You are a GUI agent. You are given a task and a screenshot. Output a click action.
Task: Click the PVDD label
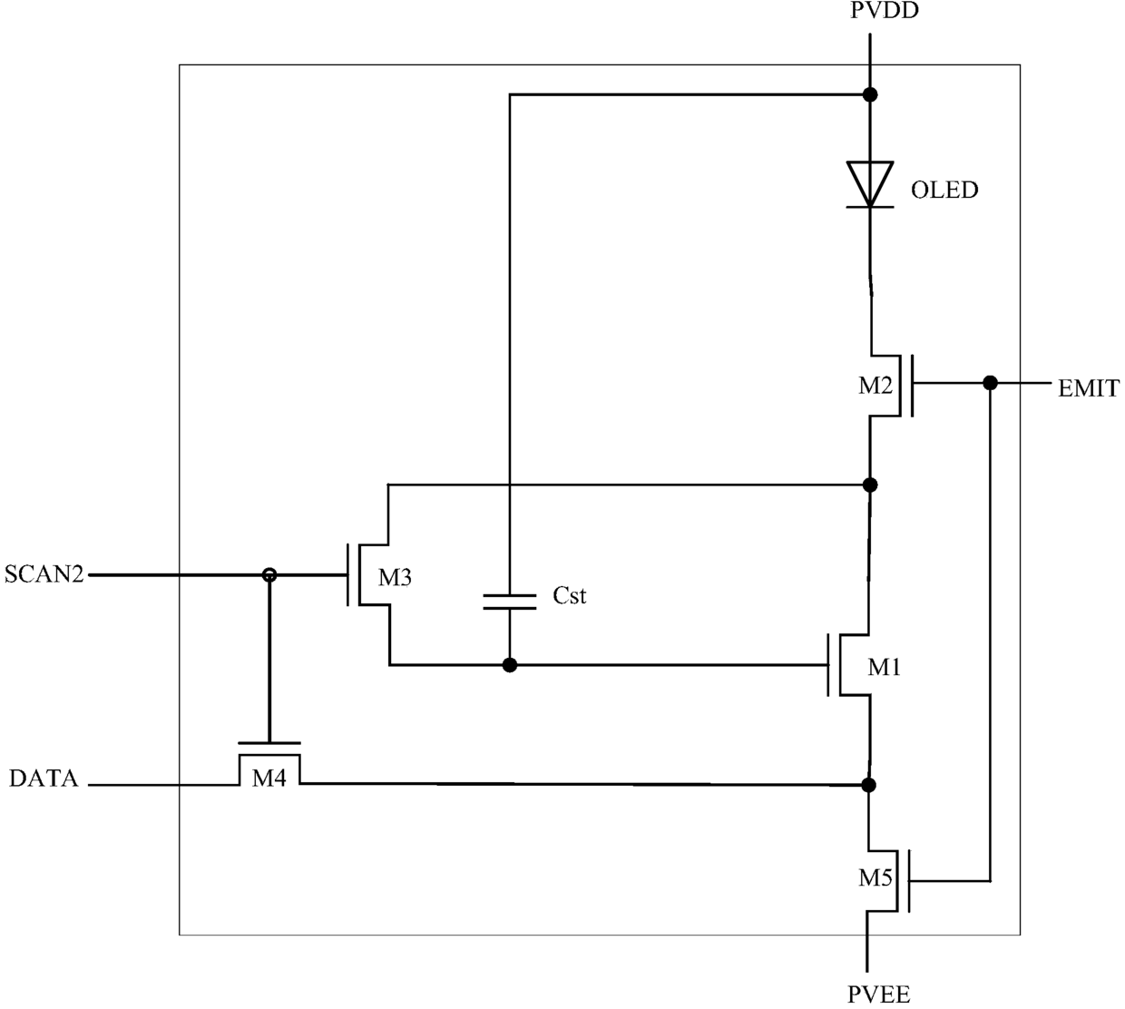pos(884,11)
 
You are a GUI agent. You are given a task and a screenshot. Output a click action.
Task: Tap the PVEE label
pos(878,994)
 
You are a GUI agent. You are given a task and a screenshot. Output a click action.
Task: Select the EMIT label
pos(1089,388)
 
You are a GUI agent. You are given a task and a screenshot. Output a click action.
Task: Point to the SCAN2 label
pos(44,573)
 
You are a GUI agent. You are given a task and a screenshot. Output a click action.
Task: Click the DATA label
pos(44,778)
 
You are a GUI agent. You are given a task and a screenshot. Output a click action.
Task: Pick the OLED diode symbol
pos(870,184)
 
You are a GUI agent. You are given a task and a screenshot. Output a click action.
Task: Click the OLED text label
pos(944,190)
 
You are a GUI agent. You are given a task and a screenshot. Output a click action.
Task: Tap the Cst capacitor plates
pos(510,602)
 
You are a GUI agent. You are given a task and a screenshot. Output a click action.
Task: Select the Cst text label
pos(569,595)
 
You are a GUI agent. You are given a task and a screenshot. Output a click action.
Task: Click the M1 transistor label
pos(884,667)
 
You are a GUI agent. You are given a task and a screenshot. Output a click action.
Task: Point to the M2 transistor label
pos(876,386)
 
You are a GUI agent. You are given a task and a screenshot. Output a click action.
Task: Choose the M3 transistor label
pos(395,577)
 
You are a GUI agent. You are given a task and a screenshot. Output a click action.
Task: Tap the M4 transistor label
pos(269,779)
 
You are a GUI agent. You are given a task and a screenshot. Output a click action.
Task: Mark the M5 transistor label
pos(876,877)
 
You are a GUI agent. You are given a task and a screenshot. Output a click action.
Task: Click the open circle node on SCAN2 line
pos(269,574)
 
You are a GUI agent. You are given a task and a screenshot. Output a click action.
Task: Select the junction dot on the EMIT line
pos(990,383)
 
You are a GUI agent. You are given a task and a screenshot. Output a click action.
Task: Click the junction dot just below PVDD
pos(870,95)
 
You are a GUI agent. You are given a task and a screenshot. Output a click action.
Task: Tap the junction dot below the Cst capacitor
pos(510,665)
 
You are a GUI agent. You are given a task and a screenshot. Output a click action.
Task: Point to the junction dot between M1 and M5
pos(868,785)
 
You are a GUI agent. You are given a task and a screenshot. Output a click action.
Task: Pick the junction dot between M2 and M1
pos(870,485)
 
